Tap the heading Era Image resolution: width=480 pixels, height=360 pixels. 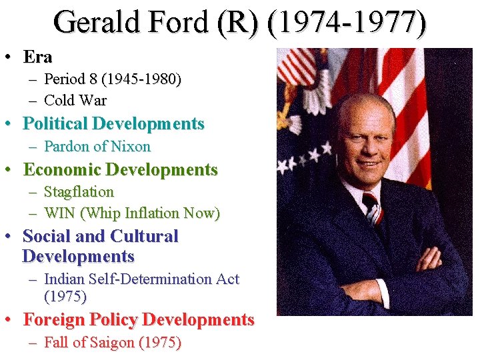pos(37,57)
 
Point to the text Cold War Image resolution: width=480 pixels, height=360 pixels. pos(75,101)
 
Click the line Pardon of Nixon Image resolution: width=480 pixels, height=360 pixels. pos(97,146)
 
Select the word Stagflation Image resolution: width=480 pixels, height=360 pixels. pos(79,191)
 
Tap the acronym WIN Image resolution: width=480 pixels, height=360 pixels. pos(59,213)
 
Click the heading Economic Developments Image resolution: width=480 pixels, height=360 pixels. pos(120,169)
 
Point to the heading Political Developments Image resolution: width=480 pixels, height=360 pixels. pos(113,123)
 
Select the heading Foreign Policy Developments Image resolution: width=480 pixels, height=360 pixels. pos(139,320)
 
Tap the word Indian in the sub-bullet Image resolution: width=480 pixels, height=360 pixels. pos(63,279)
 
